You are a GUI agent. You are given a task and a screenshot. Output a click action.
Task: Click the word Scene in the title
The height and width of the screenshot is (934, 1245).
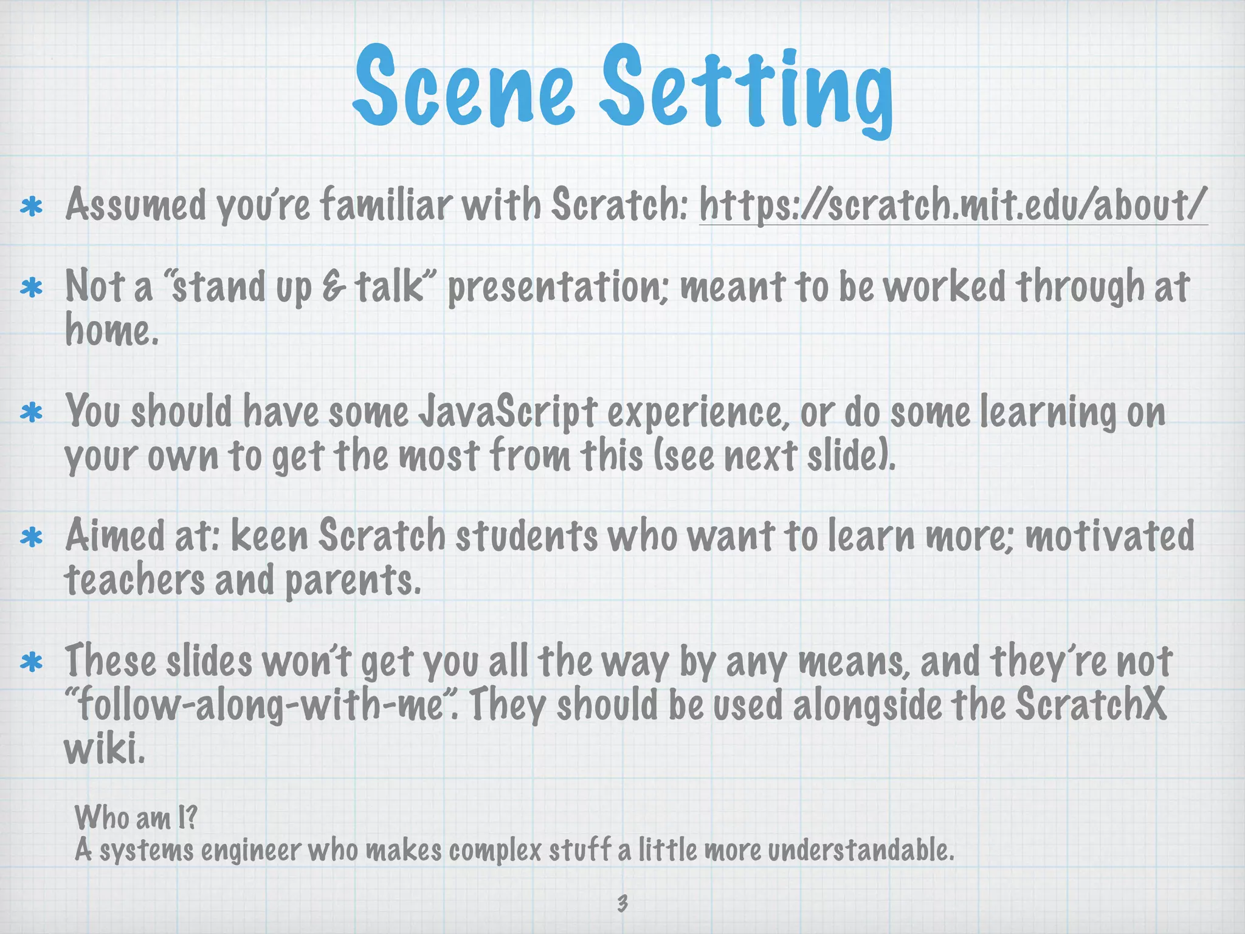463,87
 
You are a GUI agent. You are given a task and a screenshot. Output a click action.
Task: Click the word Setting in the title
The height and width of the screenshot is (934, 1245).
747,91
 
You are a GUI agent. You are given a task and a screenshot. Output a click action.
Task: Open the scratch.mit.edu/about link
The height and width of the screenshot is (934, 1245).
952,205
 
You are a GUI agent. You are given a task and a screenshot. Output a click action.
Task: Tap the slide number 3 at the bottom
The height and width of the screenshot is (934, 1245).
622,902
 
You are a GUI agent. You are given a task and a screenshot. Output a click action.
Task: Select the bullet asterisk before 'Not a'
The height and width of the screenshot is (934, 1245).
31,288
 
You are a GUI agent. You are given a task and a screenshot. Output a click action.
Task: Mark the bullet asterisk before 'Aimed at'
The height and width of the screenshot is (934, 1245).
31,538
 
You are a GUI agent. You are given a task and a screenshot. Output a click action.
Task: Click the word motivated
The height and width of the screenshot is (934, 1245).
1110,536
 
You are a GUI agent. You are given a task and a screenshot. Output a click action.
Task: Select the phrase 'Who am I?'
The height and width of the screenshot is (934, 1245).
136,817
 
